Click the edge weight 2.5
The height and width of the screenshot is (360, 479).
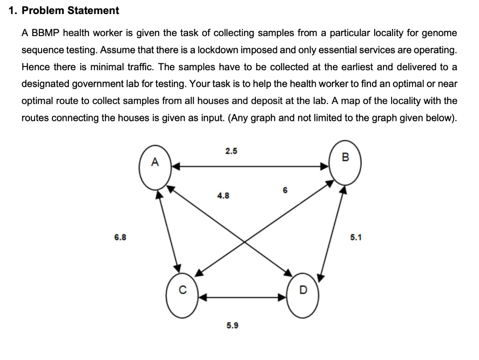(231, 151)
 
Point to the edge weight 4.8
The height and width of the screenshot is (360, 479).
(223, 197)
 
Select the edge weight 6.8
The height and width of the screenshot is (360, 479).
(120, 237)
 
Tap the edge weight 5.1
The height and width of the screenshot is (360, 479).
(356, 237)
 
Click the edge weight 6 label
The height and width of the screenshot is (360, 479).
(285, 190)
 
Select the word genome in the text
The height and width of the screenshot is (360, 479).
(440, 33)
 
